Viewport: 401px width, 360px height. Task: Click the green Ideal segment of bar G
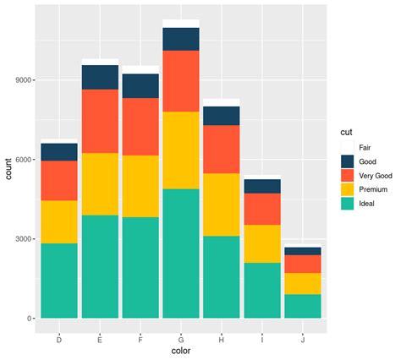(x=180, y=254)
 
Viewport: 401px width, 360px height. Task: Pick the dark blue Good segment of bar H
(x=222, y=116)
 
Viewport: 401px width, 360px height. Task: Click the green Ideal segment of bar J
(x=304, y=306)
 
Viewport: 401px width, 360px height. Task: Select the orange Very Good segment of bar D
(x=59, y=180)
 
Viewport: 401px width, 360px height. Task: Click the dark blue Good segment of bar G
(x=180, y=39)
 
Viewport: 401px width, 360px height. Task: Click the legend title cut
(x=346, y=132)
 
